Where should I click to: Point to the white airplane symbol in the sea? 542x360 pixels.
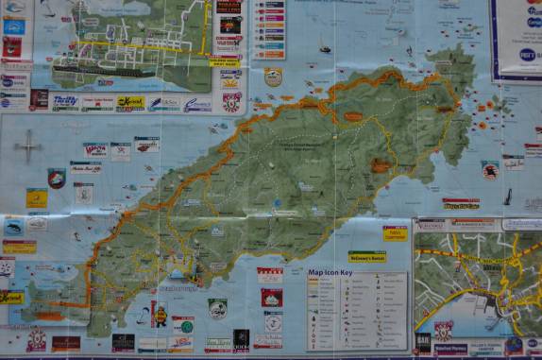(x=28, y=145)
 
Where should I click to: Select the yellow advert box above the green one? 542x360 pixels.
(x=395, y=232)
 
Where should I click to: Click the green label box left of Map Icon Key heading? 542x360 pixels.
(x=367, y=256)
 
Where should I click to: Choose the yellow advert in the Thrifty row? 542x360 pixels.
(x=130, y=103)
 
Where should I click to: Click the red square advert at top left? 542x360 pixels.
(x=12, y=46)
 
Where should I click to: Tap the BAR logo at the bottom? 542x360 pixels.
(x=423, y=341)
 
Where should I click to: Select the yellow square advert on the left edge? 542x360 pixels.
(x=36, y=197)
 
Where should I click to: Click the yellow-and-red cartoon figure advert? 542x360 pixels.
(x=160, y=314)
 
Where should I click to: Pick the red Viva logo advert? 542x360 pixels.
(x=95, y=149)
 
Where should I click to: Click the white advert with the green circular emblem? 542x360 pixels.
(x=218, y=308)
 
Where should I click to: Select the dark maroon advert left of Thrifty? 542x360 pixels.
(x=39, y=98)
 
